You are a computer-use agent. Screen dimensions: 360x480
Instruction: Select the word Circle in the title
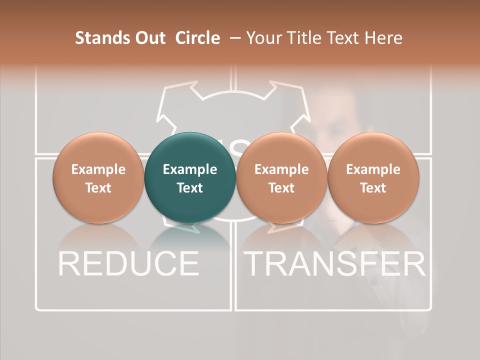197,38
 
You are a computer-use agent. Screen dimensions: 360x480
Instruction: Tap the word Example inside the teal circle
190,169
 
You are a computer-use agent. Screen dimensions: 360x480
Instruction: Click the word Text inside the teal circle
190,188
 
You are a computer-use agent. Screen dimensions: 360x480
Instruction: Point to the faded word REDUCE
128,263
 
